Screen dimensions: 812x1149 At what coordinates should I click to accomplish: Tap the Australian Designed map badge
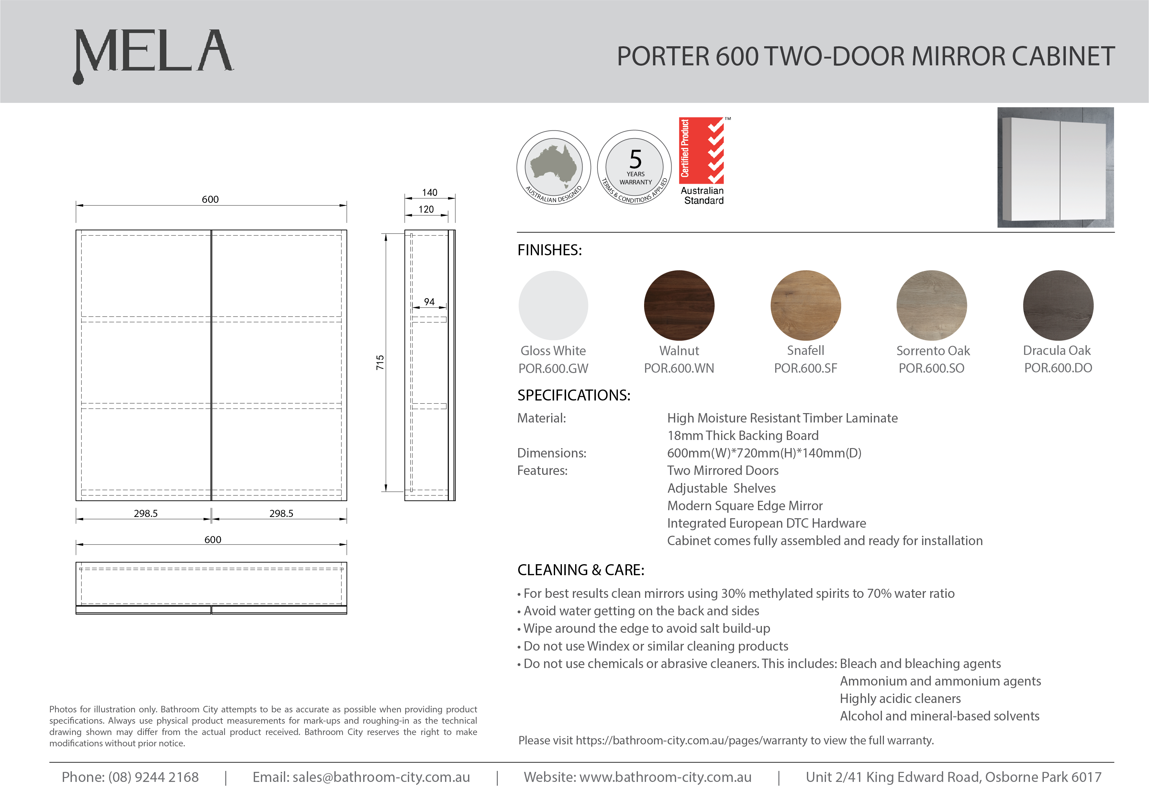click(553, 168)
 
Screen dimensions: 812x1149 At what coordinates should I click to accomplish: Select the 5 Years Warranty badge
click(635, 168)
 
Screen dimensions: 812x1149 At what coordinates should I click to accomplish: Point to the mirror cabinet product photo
click(1055, 168)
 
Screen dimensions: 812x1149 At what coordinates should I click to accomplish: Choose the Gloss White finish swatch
click(553, 305)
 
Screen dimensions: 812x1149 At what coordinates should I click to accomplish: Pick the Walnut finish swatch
click(679, 305)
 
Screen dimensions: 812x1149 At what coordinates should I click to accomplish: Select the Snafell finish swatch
click(806, 305)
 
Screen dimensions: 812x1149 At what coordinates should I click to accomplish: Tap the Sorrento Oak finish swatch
click(932, 305)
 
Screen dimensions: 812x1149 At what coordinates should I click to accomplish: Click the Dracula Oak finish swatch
click(1058, 305)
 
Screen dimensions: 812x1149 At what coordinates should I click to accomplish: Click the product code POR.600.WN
click(679, 368)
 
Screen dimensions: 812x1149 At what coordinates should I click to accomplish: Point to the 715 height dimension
click(380, 362)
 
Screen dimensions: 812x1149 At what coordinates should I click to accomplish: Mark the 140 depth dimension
click(429, 192)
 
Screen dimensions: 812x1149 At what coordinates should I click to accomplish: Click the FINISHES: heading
click(550, 250)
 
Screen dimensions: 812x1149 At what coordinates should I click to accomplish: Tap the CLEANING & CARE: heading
click(581, 570)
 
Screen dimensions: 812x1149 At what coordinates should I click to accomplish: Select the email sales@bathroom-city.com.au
click(381, 777)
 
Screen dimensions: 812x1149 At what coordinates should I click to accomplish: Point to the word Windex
click(608, 646)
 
